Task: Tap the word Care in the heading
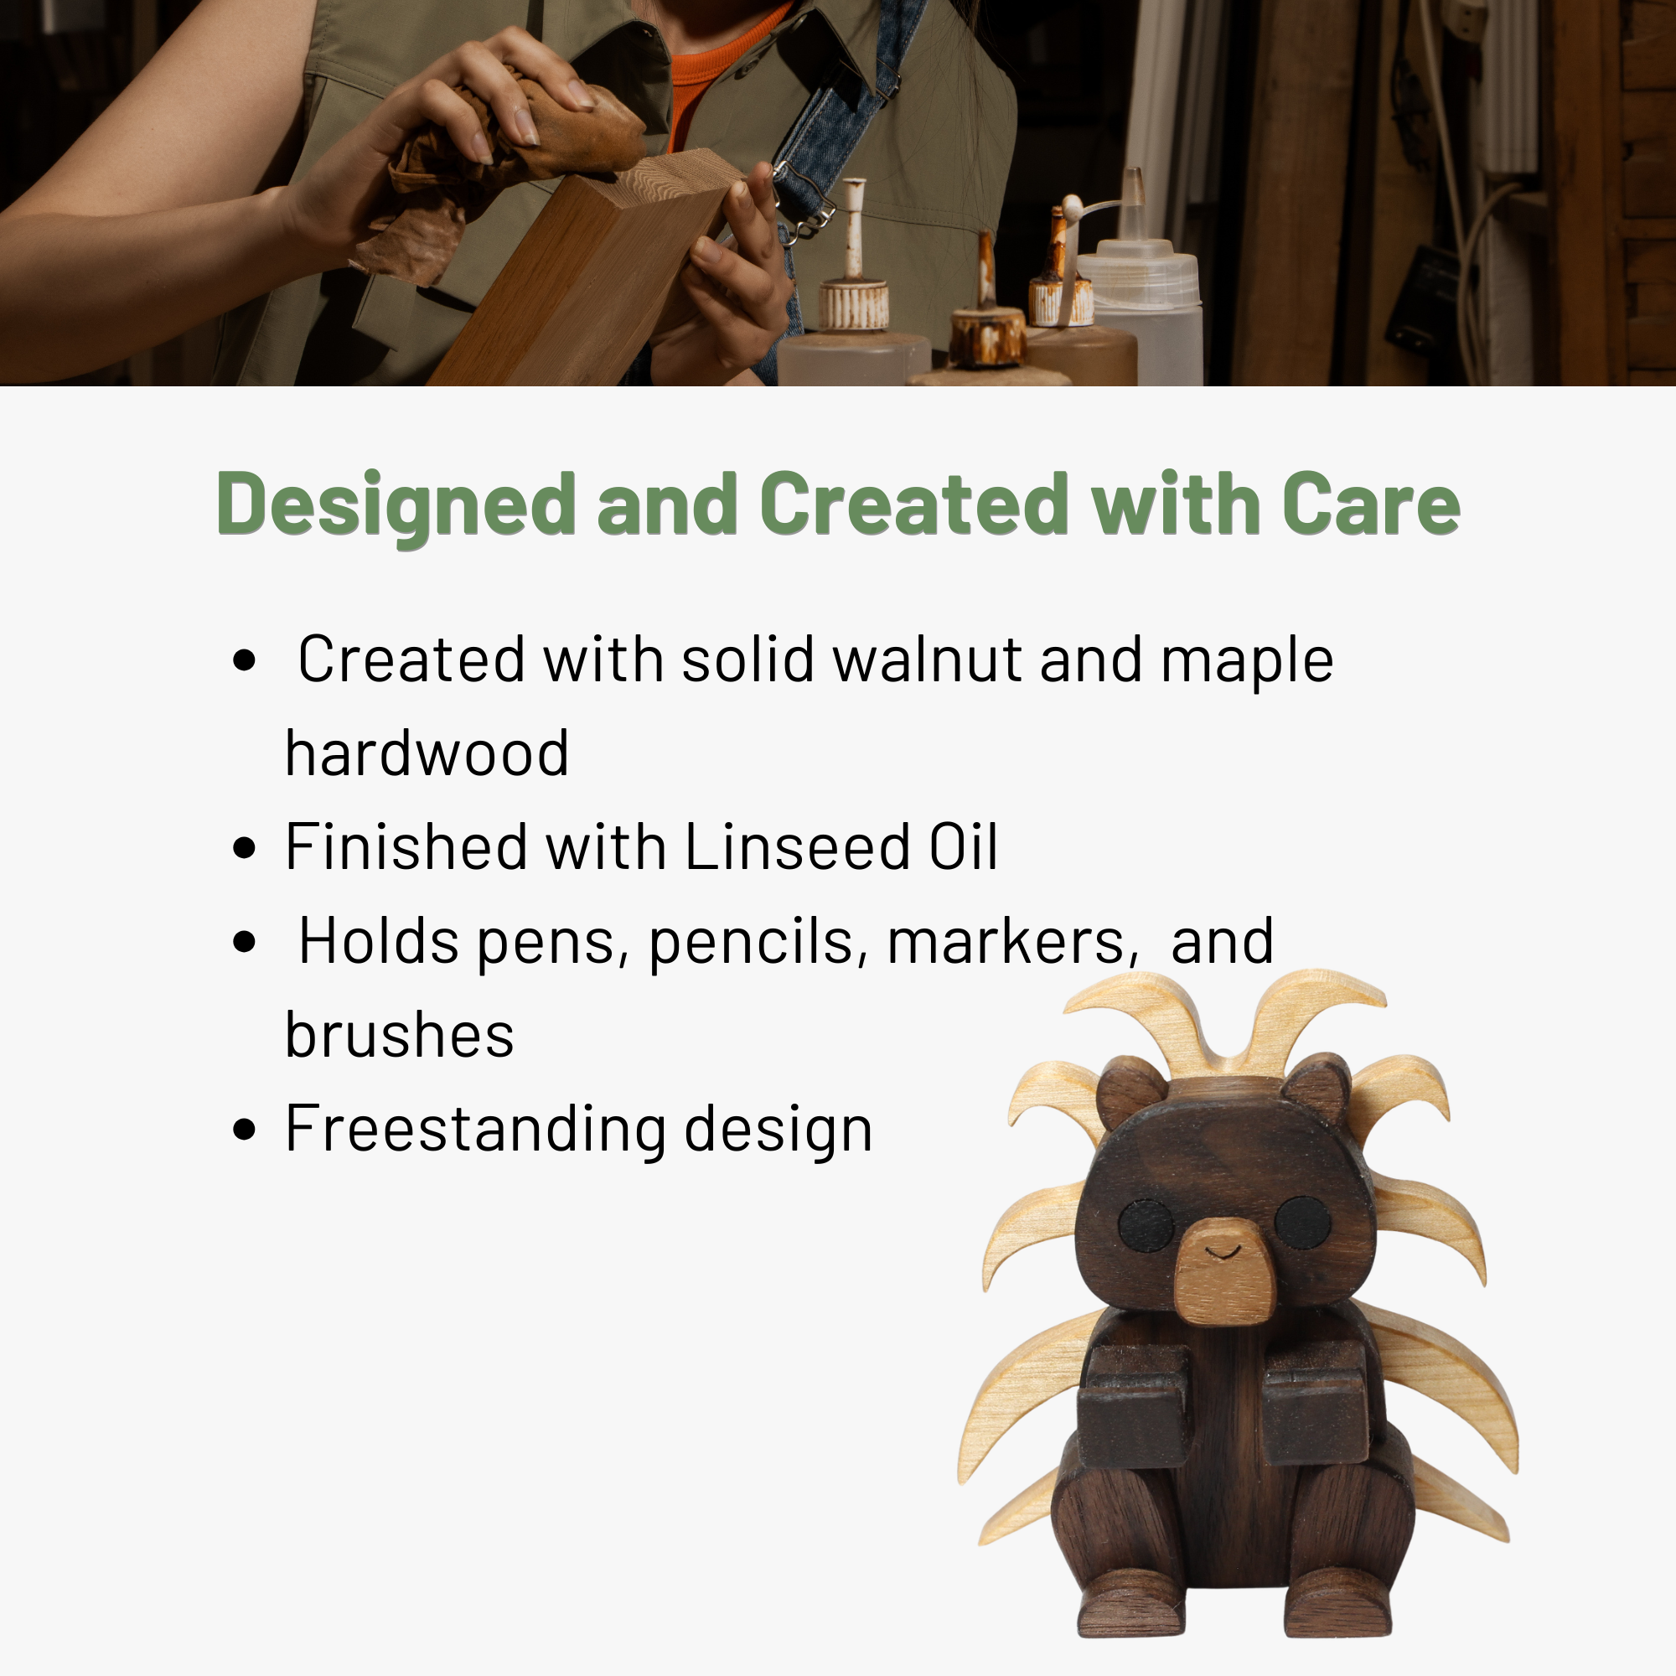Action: [1372, 504]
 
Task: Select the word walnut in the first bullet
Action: [927, 660]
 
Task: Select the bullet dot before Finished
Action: [245, 847]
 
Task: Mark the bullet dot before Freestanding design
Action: [245, 1130]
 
